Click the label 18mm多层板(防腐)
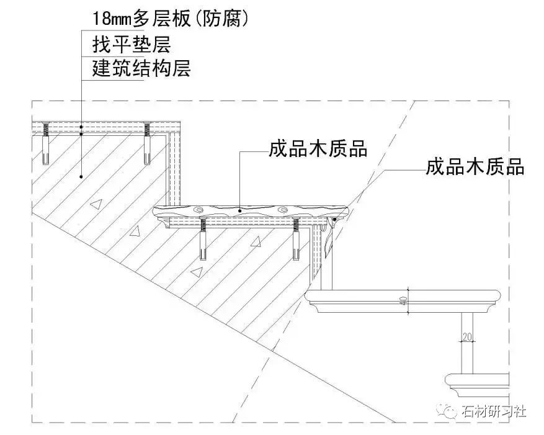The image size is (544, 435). tap(171, 18)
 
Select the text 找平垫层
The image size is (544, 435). tap(131, 45)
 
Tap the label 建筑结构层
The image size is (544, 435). tap(141, 69)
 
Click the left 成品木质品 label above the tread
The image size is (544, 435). tap(318, 149)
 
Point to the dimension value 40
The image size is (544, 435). tap(403, 301)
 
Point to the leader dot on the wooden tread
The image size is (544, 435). tap(241, 210)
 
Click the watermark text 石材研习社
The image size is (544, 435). tap(494, 411)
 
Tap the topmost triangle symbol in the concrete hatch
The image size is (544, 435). tap(94, 204)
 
